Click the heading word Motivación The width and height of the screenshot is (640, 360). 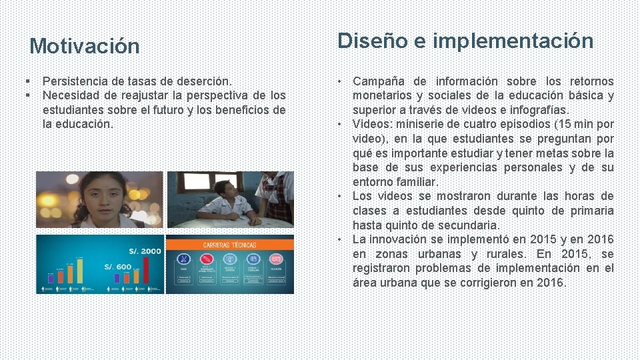[85, 47]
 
